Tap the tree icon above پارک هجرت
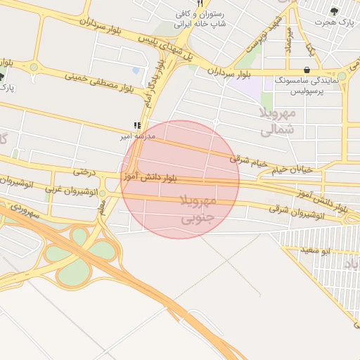point(333,11)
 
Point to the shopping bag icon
point(308,70)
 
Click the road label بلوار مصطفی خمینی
point(98,82)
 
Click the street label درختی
point(83,172)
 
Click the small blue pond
point(135,70)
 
